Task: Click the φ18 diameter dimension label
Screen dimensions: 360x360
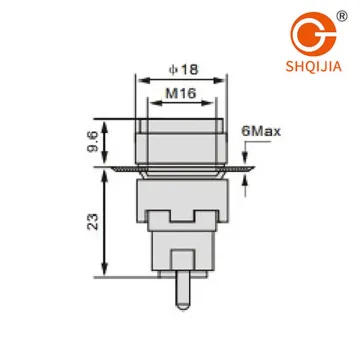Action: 184,70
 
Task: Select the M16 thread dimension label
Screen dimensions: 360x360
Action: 181,93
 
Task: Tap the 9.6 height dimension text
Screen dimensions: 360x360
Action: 93,142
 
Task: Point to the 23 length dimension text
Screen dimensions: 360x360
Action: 93,222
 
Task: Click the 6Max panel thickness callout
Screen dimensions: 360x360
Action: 261,131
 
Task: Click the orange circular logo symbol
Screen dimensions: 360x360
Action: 313,34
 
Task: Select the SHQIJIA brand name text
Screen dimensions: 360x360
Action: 314,66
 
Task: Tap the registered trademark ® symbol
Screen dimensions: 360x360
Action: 342,16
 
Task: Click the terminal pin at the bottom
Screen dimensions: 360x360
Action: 183,290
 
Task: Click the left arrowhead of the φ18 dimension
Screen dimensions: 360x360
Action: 144,80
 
